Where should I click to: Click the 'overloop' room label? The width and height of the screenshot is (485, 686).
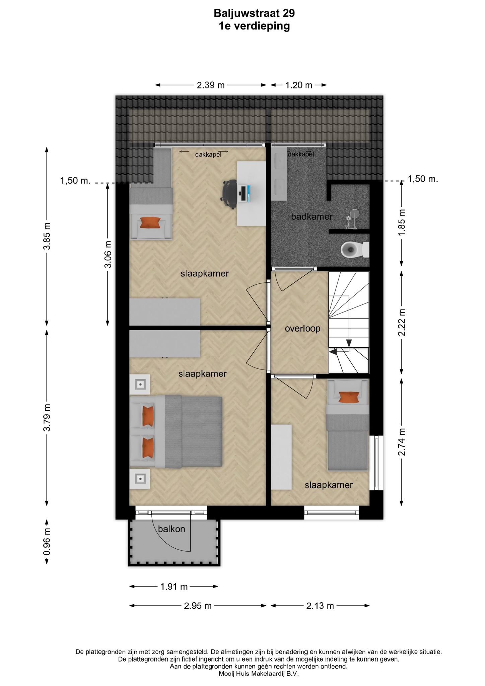pyautogui.click(x=302, y=329)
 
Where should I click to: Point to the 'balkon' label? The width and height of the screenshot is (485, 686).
pyautogui.click(x=171, y=529)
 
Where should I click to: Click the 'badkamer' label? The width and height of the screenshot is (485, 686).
pyautogui.click(x=311, y=217)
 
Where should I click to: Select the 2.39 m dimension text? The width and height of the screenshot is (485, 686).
pyautogui.click(x=211, y=85)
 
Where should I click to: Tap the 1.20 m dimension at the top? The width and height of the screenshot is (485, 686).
pyautogui.click(x=298, y=85)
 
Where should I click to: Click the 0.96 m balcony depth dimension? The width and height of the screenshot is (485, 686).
pyautogui.click(x=47, y=542)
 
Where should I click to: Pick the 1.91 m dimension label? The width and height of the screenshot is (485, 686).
pyautogui.click(x=174, y=587)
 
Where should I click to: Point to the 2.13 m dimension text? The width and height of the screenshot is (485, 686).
pyautogui.click(x=320, y=606)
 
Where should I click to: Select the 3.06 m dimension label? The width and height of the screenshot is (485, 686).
pyautogui.click(x=108, y=255)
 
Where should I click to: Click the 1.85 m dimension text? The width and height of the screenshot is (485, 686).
pyautogui.click(x=402, y=222)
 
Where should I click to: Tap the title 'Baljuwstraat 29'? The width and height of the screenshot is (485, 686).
pyautogui.click(x=254, y=13)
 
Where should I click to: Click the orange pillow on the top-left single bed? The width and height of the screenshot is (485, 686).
pyautogui.click(x=150, y=222)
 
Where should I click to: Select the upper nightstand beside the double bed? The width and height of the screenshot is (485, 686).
pyautogui.click(x=140, y=384)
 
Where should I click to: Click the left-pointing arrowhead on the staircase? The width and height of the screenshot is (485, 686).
pyautogui.click(x=333, y=351)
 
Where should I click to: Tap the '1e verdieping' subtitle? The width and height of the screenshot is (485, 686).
pyautogui.click(x=254, y=26)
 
